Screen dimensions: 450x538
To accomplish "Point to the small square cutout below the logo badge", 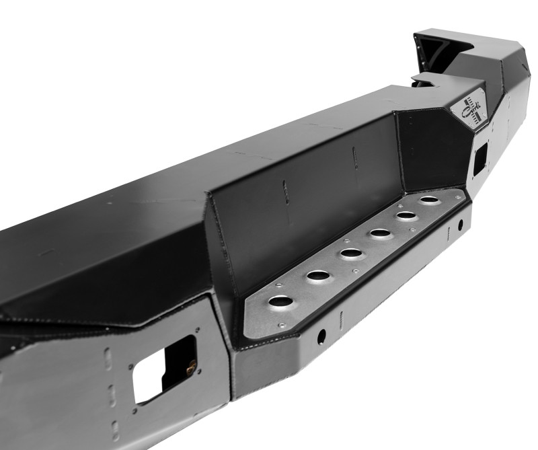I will [480, 157].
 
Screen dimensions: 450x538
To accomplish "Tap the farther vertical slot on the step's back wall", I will [354, 158].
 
